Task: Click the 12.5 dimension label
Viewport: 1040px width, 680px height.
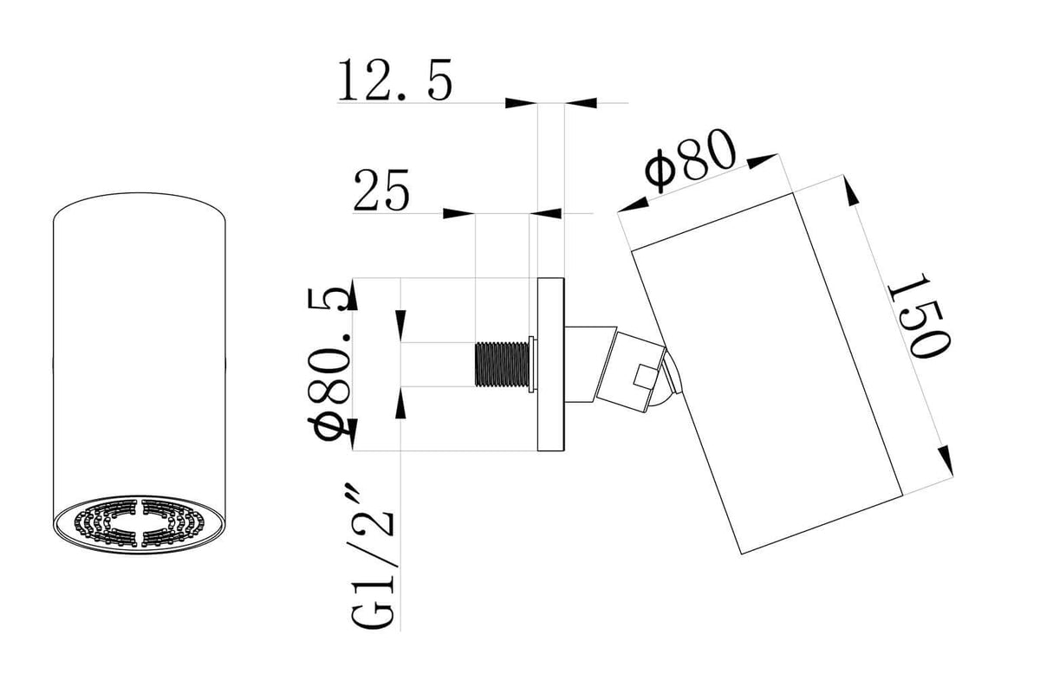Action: tap(395, 81)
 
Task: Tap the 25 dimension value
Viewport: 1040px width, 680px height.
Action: tap(381, 191)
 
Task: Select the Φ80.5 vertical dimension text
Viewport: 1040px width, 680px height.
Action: tap(328, 365)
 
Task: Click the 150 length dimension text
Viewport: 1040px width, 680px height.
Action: tap(919, 316)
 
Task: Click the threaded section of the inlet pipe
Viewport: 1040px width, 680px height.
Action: tap(502, 365)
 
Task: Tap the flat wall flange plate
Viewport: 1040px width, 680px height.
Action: tap(550, 365)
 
